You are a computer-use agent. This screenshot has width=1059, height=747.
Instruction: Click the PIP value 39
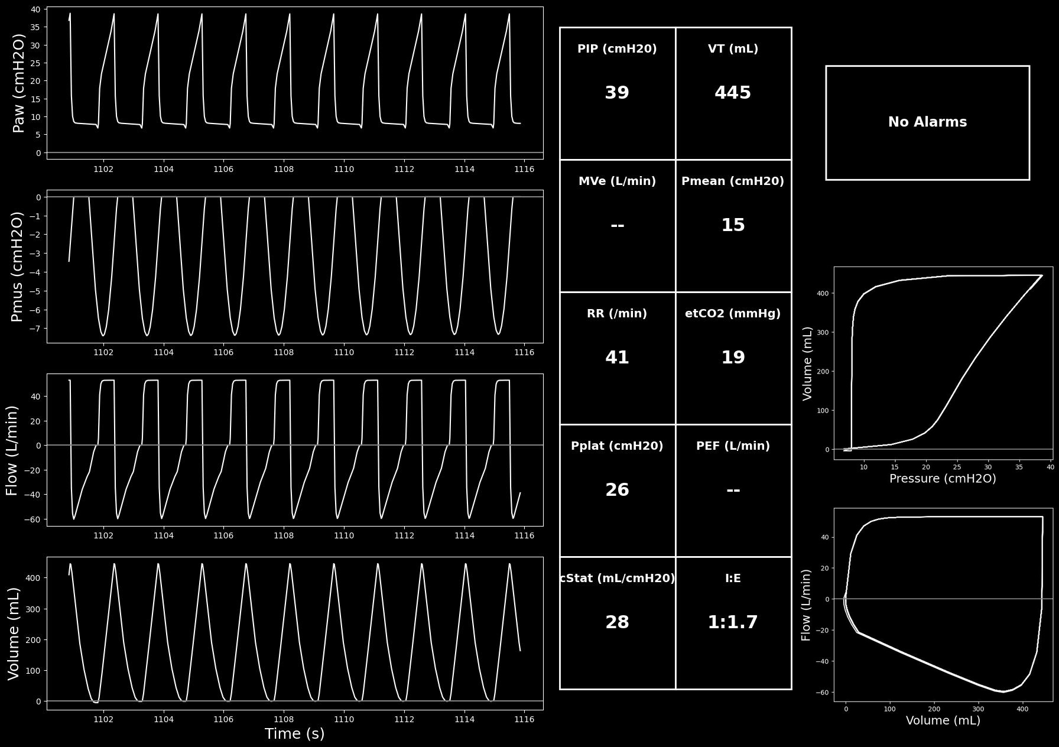click(617, 93)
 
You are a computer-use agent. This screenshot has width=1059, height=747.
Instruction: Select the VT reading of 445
click(733, 93)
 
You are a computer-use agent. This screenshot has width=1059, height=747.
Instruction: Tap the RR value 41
click(617, 358)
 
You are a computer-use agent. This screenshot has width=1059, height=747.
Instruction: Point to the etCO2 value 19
click(733, 358)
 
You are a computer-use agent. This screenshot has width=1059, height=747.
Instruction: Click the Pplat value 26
click(617, 490)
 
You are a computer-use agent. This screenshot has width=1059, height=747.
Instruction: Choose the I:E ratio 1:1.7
click(733, 622)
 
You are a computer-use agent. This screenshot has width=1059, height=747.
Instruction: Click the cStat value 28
click(617, 622)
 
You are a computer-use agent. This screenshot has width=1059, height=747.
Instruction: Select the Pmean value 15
click(733, 225)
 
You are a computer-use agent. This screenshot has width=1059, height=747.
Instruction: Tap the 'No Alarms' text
click(927, 122)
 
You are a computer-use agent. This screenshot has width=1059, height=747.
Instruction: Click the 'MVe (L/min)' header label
click(617, 181)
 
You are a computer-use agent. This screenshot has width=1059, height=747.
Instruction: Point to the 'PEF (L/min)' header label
click(733, 446)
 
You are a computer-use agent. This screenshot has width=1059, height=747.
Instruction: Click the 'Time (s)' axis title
click(295, 734)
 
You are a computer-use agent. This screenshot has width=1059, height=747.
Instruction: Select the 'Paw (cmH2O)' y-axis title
click(19, 83)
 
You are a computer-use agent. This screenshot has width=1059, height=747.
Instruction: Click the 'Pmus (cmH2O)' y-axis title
click(17, 267)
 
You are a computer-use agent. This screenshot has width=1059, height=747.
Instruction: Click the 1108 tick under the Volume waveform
click(284, 719)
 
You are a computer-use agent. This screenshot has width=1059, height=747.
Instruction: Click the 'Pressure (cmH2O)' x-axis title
click(943, 479)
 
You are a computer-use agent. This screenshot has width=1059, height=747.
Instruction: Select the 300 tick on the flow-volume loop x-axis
click(978, 709)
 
